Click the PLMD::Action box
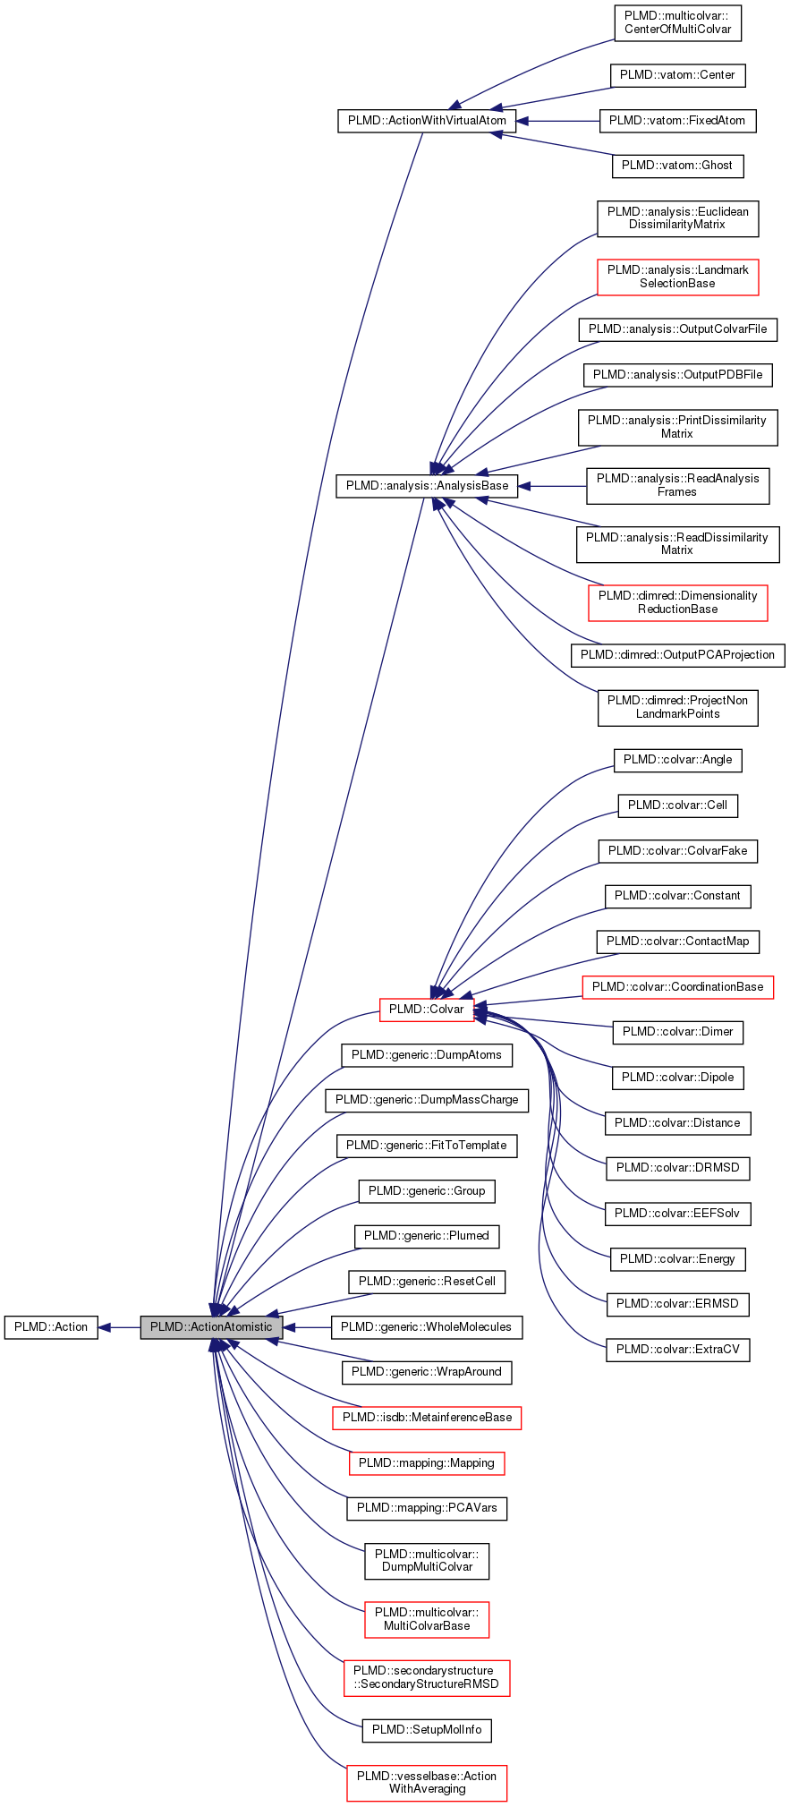tap(51, 1326)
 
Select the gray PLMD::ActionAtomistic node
tap(211, 1326)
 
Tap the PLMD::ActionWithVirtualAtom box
tap(427, 121)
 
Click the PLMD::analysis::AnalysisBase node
tap(427, 486)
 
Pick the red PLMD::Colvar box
tap(426, 1010)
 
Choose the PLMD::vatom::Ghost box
tap(677, 166)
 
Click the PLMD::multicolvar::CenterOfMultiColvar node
tap(677, 22)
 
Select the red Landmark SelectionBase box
tap(677, 277)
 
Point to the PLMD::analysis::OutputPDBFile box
tap(677, 375)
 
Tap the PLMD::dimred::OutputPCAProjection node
tap(677, 655)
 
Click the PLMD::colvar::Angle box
tap(677, 760)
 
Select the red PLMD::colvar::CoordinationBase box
tap(677, 987)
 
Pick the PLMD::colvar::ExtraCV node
tap(677, 1350)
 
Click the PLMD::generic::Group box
tap(427, 1191)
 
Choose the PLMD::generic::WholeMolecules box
tap(427, 1327)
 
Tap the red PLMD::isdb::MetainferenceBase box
tap(427, 1418)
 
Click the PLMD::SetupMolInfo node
tap(427, 1730)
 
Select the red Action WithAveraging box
tap(427, 1783)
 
